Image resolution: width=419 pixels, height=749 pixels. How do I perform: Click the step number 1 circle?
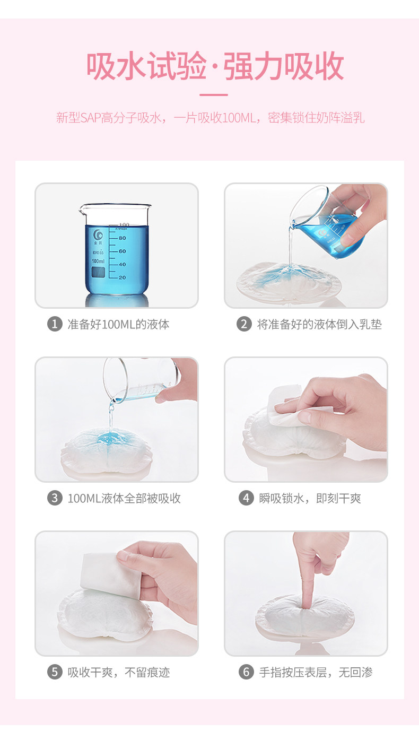55,324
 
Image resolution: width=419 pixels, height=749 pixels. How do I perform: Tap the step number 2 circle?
244,324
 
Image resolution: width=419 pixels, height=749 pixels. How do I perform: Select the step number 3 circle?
55,498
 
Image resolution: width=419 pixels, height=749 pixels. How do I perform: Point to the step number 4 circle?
246,498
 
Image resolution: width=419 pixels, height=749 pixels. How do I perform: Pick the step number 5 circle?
55,672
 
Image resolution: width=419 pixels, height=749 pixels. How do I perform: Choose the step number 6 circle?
246,672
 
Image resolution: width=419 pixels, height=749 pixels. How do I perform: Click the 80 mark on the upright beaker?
122,238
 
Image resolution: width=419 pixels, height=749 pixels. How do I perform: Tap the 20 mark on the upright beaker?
122,277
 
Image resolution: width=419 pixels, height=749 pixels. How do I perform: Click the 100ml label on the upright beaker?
98,261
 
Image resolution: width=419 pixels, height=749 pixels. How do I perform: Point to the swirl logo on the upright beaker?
98,235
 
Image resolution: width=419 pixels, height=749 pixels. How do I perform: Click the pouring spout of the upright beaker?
82,210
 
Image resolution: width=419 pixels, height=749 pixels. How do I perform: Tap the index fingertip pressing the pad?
305,605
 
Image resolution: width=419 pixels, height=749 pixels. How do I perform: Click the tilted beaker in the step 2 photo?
326,223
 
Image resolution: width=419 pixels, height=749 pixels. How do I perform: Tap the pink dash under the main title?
214,95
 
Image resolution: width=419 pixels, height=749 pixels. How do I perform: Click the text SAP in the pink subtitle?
91,118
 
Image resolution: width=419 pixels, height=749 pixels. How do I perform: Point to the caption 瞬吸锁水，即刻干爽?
310,499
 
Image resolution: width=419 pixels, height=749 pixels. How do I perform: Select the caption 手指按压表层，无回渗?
316,673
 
